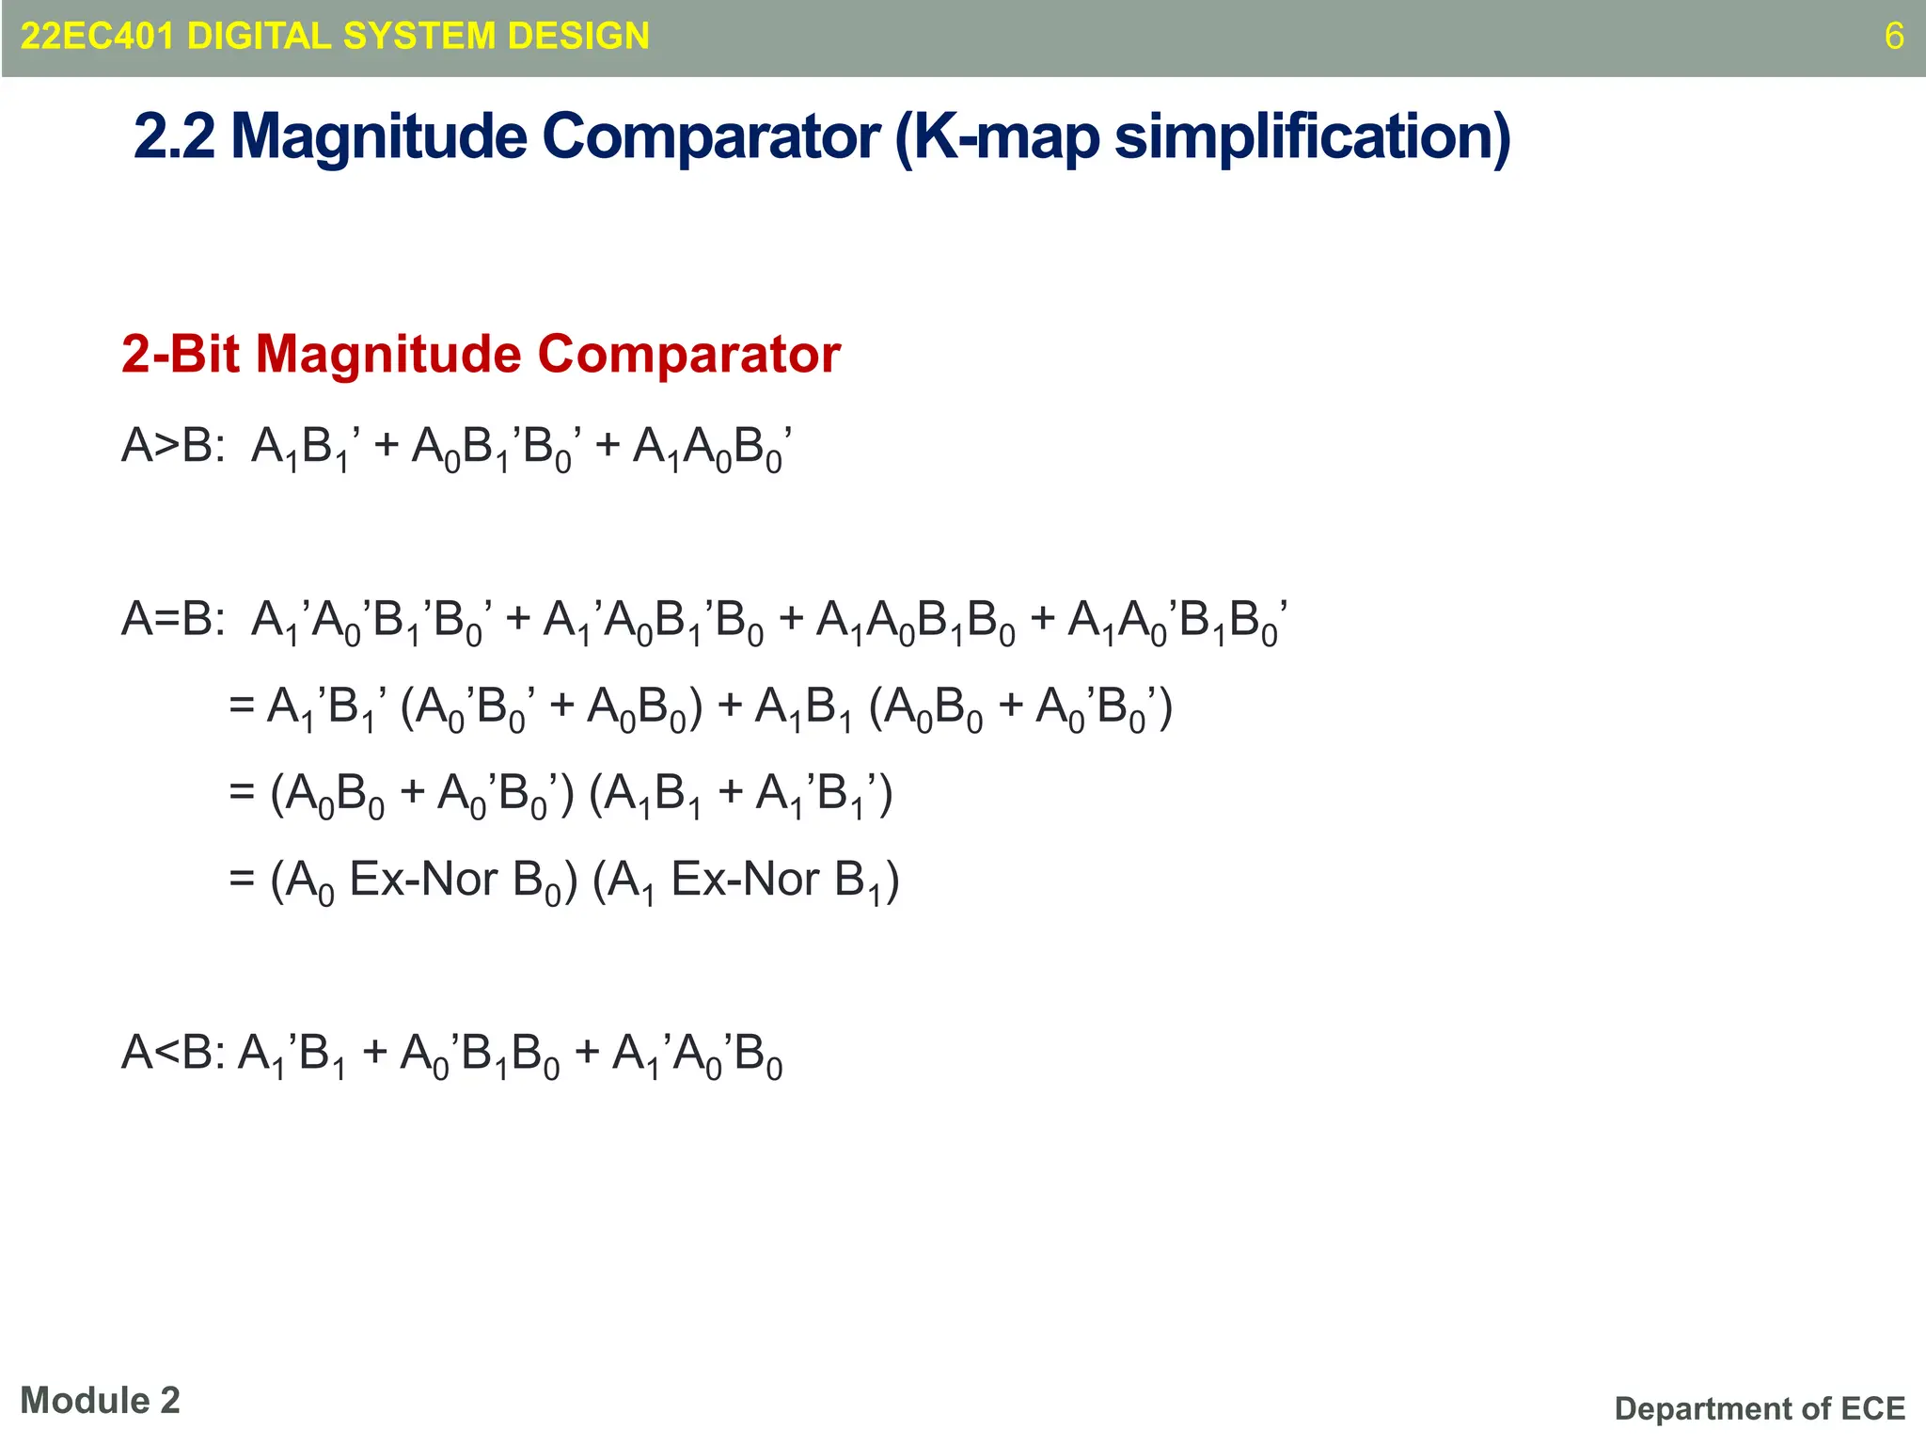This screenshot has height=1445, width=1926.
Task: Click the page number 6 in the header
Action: [x=1894, y=37]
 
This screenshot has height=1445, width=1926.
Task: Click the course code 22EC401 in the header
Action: [x=98, y=37]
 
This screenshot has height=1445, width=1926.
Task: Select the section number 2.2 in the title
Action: [x=175, y=137]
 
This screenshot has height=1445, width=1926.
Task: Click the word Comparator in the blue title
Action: [x=711, y=137]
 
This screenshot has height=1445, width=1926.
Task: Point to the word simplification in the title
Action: [x=1312, y=137]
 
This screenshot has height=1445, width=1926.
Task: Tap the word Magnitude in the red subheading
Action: [x=388, y=355]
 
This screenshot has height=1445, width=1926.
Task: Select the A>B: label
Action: [x=173, y=446]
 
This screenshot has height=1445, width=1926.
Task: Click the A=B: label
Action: [x=173, y=620]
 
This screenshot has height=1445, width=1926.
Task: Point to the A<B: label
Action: [x=173, y=1053]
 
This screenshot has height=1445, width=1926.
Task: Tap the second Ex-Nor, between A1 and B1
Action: [x=745, y=881]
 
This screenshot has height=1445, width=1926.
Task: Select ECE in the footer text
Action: [x=1872, y=1408]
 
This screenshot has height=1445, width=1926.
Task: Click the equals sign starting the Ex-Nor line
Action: [x=242, y=881]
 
